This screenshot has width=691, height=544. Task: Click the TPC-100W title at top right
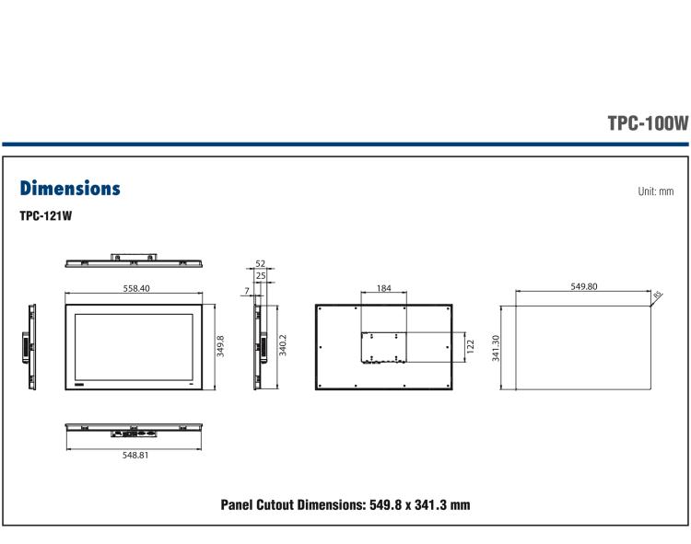tap(648, 124)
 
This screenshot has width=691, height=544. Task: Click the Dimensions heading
tap(70, 189)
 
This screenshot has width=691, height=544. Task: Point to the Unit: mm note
tap(656, 191)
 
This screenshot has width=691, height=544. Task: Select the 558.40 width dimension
tap(136, 288)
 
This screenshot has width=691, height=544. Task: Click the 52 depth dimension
tap(260, 265)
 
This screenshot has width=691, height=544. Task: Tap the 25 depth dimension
tap(260, 275)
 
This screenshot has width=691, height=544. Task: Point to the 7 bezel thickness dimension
tap(247, 291)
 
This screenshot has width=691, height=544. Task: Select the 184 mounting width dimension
tap(384, 288)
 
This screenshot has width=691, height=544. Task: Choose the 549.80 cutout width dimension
tap(584, 287)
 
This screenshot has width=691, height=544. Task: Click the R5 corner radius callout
tap(657, 295)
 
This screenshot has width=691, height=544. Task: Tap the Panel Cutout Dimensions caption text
tap(345, 504)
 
